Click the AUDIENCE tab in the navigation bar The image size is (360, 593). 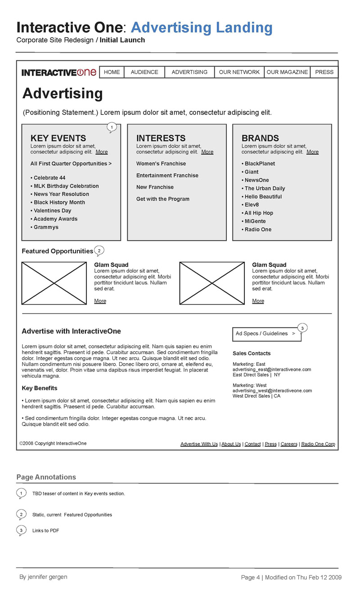[x=144, y=72]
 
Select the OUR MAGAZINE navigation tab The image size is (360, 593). [x=287, y=72]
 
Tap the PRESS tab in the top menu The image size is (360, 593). [x=324, y=72]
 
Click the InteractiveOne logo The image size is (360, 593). [x=59, y=72]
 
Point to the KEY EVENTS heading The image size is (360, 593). [x=58, y=138]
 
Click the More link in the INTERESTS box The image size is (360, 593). [x=207, y=152]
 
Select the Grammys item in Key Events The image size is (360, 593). [x=46, y=227]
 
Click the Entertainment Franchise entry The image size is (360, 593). [x=167, y=175]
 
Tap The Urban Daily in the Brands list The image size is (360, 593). [x=265, y=189]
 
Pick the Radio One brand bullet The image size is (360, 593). [x=258, y=229]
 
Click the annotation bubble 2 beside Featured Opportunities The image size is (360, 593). [x=99, y=251]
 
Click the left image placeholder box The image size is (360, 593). [x=54, y=283]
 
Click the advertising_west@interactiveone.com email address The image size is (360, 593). [x=272, y=391]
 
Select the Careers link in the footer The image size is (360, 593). [x=289, y=444]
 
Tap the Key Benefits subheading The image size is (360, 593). [x=40, y=388]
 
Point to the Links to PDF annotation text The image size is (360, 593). [x=45, y=531]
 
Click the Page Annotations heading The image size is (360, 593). [x=46, y=477]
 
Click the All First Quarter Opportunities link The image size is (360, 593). [x=71, y=164]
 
